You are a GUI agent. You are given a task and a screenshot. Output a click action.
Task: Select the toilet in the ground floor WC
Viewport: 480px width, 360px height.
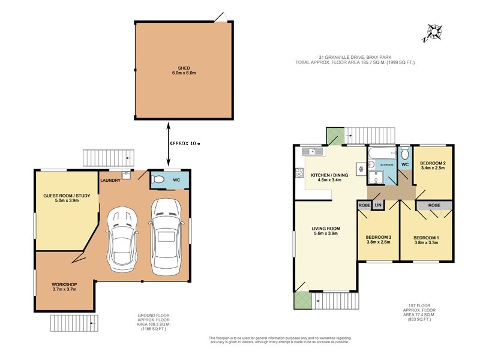[159, 179]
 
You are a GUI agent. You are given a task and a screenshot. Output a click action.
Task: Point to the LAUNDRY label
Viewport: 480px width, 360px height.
[111, 180]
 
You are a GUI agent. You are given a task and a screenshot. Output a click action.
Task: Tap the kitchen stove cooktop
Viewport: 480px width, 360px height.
[299, 174]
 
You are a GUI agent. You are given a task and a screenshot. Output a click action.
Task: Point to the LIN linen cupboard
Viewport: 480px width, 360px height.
[378, 205]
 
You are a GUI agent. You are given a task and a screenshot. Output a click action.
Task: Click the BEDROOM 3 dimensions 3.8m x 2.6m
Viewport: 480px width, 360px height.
[379, 243]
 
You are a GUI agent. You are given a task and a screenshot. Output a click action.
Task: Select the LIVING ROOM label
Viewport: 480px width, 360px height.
[326, 229]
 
